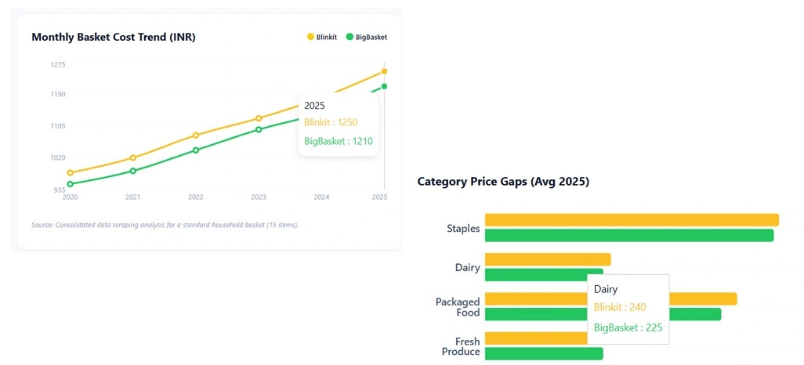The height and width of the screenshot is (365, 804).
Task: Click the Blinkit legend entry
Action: (321, 37)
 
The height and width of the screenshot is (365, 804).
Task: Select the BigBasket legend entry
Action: (366, 37)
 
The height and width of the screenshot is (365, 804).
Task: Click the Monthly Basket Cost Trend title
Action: (113, 37)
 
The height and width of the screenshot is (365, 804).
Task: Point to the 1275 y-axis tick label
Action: (58, 65)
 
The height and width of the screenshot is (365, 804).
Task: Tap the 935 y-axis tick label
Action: (58, 190)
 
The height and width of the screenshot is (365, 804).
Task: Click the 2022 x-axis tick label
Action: (196, 197)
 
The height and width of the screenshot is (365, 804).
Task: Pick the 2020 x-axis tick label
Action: (71, 197)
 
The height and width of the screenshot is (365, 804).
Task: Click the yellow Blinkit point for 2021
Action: (133, 157)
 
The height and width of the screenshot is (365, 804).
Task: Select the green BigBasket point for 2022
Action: (196, 150)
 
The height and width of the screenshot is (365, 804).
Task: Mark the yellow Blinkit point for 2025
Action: (384, 71)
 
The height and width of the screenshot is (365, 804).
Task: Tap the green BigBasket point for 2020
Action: (71, 184)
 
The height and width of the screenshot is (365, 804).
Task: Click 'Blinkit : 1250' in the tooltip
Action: (331, 122)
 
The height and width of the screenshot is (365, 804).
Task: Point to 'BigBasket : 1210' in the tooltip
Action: (338, 142)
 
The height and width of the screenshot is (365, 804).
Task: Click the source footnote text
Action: (165, 225)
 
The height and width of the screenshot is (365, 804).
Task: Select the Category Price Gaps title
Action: (503, 182)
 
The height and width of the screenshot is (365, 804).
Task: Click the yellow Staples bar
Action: (632, 220)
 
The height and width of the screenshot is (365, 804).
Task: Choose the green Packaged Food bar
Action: (602, 314)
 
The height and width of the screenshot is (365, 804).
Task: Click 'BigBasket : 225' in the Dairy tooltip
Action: (628, 328)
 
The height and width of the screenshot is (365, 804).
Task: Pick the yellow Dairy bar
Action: (547, 259)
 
